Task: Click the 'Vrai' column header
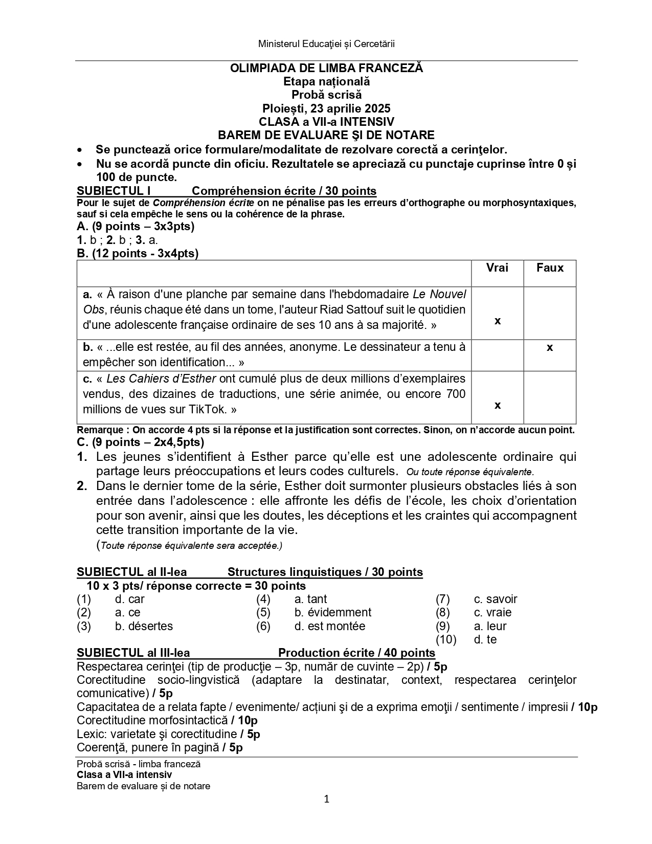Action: pos(497,268)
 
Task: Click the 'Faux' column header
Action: pos(550,268)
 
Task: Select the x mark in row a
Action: pos(498,321)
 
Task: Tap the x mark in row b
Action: pos(550,348)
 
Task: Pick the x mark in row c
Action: pos(498,406)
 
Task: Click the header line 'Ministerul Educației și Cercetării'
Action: pos(326,44)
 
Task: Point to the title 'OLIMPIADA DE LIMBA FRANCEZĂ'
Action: pos(326,68)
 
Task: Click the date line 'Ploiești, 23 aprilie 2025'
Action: pos(326,108)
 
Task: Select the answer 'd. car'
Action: pos(130,599)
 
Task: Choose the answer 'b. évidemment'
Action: pos(333,612)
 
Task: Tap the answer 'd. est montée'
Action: pos(330,626)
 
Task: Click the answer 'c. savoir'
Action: pos(496,599)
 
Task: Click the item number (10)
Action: pos(446,639)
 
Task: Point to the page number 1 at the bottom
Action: pos(326,799)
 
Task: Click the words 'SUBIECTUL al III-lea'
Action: pos(133,653)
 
